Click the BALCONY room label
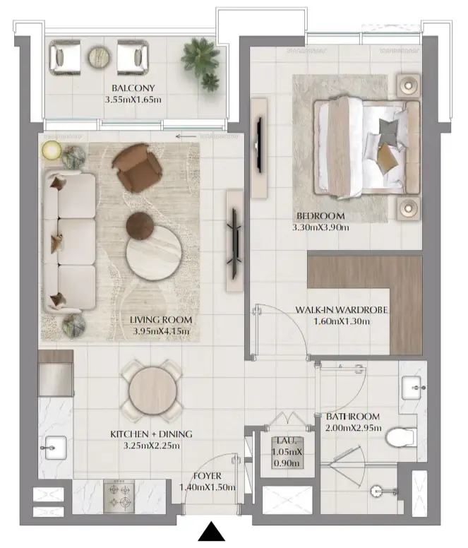pos(133,88)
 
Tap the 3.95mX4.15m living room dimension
pos(161,330)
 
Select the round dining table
pos(152,391)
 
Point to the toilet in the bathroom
pos(401,437)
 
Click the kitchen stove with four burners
pos(119,496)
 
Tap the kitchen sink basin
pos(56,447)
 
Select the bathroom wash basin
pos(413,388)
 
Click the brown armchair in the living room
pos(137,168)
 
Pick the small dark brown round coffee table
pos(140,226)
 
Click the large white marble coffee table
pos(154,253)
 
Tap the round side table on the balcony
pos(100,57)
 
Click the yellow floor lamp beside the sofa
pos(52,150)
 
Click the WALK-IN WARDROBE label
pos(342,309)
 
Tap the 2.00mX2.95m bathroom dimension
pos(354,428)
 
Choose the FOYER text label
pos(208,476)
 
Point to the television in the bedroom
pos(259,145)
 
